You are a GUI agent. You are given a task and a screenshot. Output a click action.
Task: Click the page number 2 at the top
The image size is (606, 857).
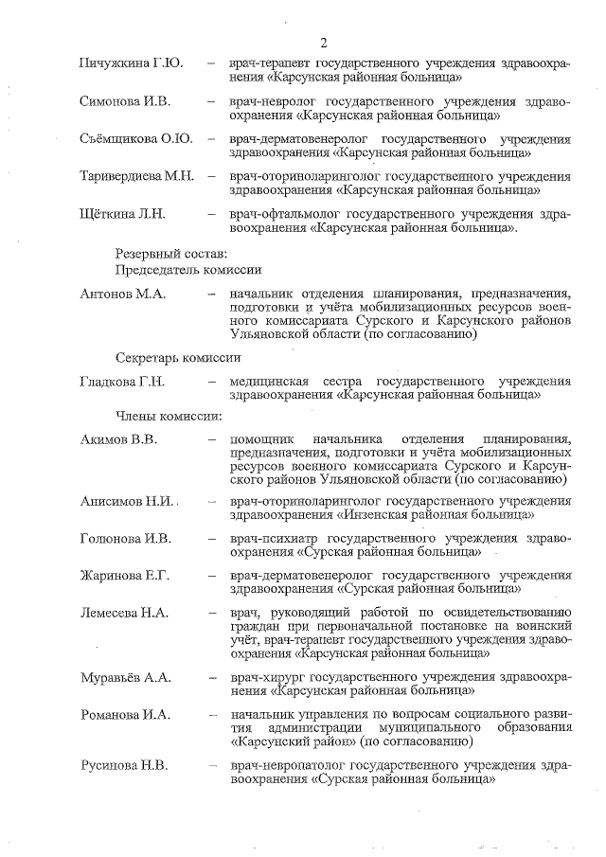coord(324,43)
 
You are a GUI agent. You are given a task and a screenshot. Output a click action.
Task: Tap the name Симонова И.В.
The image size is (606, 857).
coord(125,101)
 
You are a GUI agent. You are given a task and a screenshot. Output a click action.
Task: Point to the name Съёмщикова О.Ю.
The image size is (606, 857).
coord(136,139)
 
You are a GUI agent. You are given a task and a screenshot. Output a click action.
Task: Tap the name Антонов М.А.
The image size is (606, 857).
coord(123,295)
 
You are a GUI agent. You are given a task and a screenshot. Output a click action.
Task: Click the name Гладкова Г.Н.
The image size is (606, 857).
coord(123,382)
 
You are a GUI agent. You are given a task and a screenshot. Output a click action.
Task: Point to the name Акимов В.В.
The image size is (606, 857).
coord(119,439)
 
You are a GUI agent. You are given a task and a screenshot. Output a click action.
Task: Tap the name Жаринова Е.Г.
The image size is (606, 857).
coord(124,576)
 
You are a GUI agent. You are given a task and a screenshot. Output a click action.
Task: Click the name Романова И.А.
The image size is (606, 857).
coord(125,715)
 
